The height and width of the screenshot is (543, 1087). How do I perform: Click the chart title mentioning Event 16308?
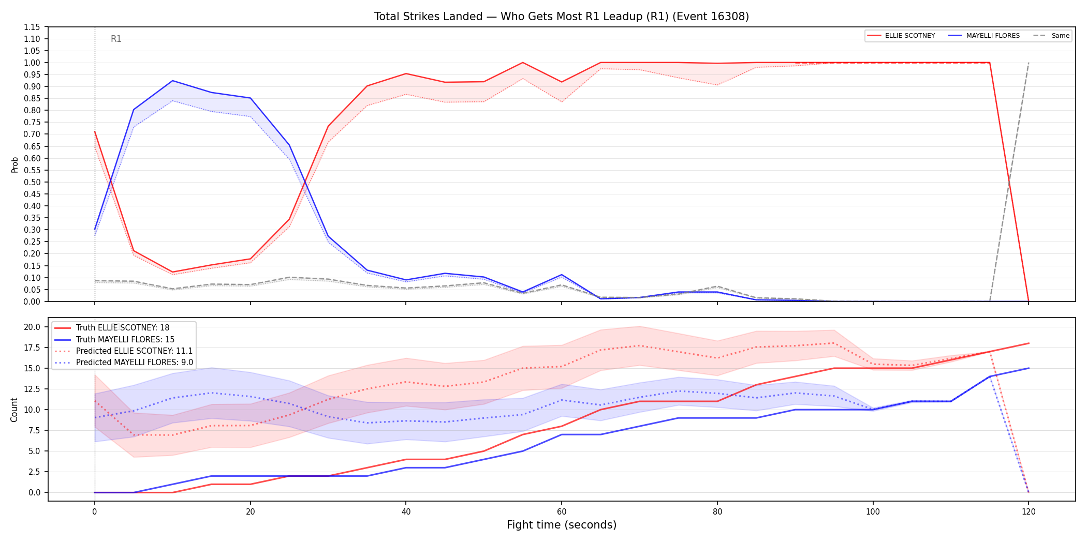pyautogui.click(x=562, y=17)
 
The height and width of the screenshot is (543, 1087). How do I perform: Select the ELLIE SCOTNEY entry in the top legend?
pyautogui.click(x=901, y=36)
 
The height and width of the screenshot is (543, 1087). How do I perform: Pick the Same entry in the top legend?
pyautogui.click(x=1051, y=36)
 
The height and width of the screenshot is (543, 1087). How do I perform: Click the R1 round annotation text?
pyautogui.click(x=116, y=39)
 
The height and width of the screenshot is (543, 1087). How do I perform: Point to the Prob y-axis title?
pyautogui.click(x=14, y=164)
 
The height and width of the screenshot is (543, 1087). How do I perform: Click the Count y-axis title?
pyautogui.click(x=14, y=410)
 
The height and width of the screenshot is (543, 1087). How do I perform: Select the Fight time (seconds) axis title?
pyautogui.click(x=562, y=525)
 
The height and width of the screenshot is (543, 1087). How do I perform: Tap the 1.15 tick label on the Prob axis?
pyautogui.click(x=32, y=27)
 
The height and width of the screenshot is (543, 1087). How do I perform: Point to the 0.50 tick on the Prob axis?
pyautogui.click(x=32, y=182)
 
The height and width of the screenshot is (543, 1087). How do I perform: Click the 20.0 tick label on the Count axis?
pyautogui.click(x=32, y=327)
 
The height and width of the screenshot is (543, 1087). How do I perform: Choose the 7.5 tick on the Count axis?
pyautogui.click(x=34, y=430)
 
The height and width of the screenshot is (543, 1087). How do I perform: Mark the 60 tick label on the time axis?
pyautogui.click(x=562, y=512)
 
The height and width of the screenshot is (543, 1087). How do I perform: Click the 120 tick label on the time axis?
pyautogui.click(x=1029, y=512)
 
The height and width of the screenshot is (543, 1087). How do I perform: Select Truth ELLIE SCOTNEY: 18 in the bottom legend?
pyautogui.click(x=123, y=328)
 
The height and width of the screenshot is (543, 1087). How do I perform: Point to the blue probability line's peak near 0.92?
pyautogui.click(x=172, y=81)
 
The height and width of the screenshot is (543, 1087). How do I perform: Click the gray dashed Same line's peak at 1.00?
pyautogui.click(x=1029, y=63)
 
